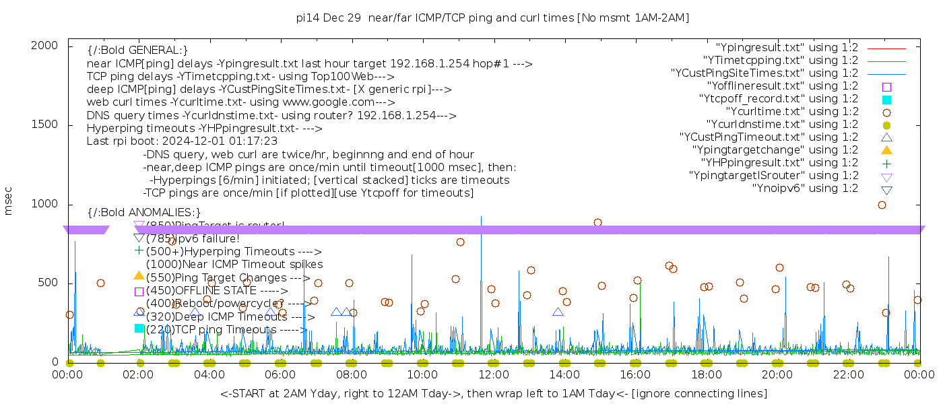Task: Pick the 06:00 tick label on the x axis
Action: tap(280, 374)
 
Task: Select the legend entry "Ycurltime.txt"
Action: tap(791, 112)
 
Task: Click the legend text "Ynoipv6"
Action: tap(805, 189)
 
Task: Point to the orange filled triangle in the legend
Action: tap(886, 150)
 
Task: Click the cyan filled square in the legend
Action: tap(886, 99)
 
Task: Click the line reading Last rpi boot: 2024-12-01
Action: tap(182, 141)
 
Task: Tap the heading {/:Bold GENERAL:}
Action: tap(137, 50)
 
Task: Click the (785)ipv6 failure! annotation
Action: tap(193, 238)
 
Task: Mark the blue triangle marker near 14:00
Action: tap(558, 312)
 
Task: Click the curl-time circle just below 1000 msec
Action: tap(882, 205)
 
